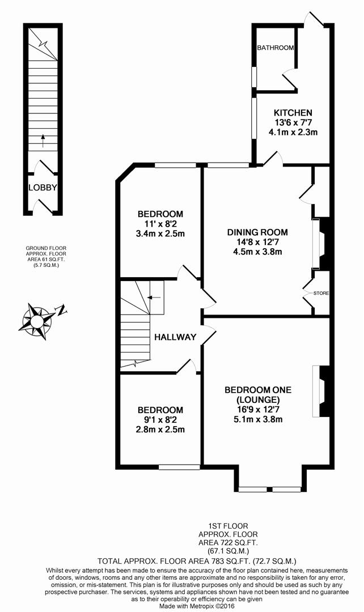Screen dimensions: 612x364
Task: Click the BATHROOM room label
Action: coord(276,48)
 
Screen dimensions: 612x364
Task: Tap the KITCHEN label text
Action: coord(293,113)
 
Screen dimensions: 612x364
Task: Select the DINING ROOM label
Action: coord(257,232)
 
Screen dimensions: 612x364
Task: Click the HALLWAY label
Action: coord(175,337)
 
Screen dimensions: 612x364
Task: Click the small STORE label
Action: coord(321,293)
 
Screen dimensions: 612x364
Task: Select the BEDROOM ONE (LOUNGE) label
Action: coord(258,394)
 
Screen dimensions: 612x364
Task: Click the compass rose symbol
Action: coord(37,321)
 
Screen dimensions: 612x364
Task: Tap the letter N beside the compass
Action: coord(61,310)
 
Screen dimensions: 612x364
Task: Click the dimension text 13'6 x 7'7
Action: coord(293,123)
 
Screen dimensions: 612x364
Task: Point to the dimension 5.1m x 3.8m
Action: coord(258,420)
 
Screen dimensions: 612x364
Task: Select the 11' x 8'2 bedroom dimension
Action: coord(160,224)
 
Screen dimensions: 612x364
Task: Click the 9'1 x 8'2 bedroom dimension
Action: coord(160,420)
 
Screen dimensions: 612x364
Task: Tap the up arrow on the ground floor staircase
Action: coord(43,139)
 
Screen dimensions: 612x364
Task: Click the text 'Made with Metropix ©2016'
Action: coord(181,606)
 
